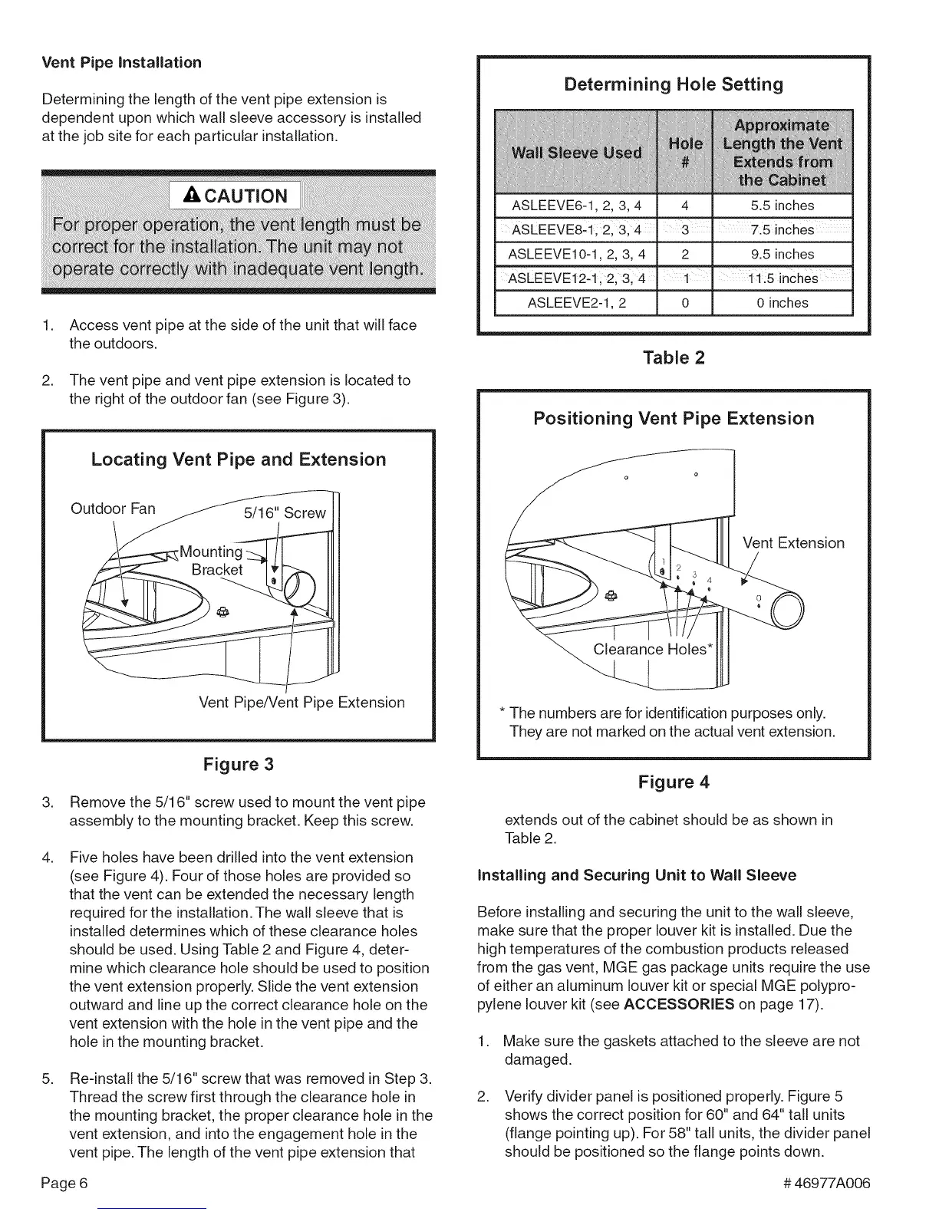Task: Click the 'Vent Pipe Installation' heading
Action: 121,62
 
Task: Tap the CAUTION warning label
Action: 236,196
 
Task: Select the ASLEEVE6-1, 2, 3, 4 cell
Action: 576,206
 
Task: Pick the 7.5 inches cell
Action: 782,230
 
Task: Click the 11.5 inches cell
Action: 782,278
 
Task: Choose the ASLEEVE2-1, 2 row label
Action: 576,303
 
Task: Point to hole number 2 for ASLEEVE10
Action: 685,254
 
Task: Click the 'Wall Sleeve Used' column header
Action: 576,152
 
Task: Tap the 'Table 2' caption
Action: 674,357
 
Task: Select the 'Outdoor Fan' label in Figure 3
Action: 113,509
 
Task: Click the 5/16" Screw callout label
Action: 285,512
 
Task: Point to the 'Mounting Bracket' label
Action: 212,561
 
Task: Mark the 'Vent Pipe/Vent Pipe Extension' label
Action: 301,703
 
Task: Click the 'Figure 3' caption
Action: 238,765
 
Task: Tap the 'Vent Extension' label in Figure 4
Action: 793,543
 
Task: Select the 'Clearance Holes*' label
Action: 654,650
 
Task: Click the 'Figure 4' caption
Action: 674,782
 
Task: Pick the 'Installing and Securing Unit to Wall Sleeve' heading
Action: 637,875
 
